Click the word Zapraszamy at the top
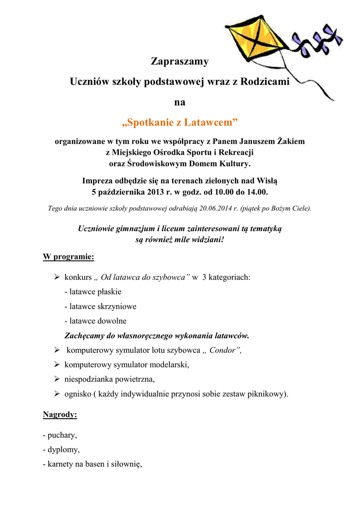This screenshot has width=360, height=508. [180, 62]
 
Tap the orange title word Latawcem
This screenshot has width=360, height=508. [211, 122]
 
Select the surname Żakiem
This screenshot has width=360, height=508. [289, 141]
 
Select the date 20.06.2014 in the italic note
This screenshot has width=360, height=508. [216, 208]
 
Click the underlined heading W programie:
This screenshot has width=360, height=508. [69, 257]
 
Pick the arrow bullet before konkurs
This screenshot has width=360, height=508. [57, 277]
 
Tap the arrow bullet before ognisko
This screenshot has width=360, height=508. [57, 394]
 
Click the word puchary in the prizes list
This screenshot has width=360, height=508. [62, 436]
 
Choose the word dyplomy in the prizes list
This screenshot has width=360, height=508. [63, 450]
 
